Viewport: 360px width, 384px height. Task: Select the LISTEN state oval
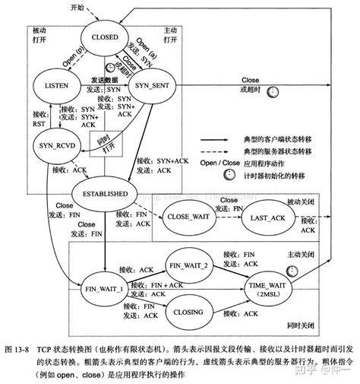(57, 84)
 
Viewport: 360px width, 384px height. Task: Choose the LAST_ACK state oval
(267, 217)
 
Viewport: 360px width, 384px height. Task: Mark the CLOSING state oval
(188, 311)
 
